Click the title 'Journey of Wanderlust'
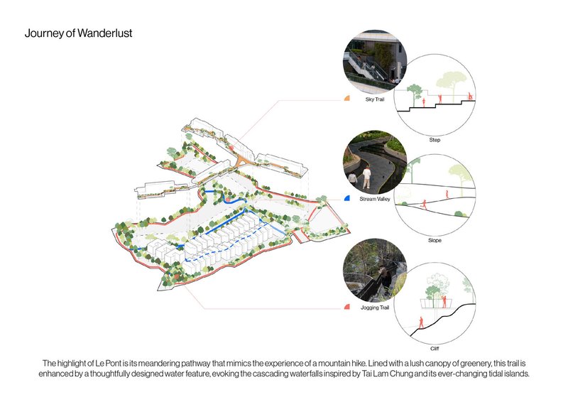point(78,33)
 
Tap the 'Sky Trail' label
point(375,99)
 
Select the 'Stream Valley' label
point(375,199)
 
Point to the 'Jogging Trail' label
point(375,308)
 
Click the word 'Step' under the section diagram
point(435,140)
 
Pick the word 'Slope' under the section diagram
point(435,240)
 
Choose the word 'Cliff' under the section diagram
point(435,349)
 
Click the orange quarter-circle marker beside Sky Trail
point(346,98)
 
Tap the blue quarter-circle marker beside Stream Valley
point(346,198)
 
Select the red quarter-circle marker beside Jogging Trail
point(346,307)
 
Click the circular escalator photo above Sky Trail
point(375,61)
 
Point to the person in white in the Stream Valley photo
point(366,177)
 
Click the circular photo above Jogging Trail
point(375,270)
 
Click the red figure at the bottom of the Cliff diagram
point(421,322)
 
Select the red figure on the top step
point(470,97)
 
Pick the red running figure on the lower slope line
point(424,205)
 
